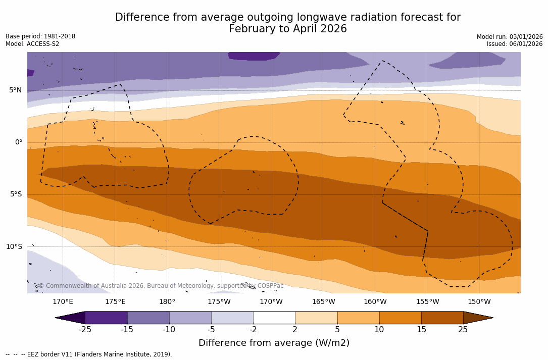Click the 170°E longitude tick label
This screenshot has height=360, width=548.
[x=63, y=302]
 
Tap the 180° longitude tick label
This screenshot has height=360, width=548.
[x=167, y=302]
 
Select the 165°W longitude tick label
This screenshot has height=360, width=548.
[x=323, y=302]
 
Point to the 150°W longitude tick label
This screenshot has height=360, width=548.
[x=479, y=302]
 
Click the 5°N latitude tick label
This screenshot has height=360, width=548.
[x=15, y=90]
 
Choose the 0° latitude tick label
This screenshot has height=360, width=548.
[x=19, y=142]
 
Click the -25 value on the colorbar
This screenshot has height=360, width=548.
[x=85, y=330]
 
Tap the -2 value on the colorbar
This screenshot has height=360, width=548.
[x=253, y=330]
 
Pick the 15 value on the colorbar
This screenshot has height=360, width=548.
[x=421, y=330]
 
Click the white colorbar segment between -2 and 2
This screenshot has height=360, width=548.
[x=274, y=318]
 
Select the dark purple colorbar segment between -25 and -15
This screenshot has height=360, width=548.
[x=106, y=318]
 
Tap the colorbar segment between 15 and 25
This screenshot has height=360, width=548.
[x=442, y=318]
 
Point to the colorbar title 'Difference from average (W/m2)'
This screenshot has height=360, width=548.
[x=274, y=343]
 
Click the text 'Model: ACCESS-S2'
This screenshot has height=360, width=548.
[x=32, y=44]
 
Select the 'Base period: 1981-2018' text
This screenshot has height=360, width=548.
[x=40, y=36]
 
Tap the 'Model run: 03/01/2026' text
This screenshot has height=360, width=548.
[x=510, y=37]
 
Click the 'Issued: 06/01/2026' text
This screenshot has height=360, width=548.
[x=515, y=44]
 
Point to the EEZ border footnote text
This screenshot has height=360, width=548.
[x=88, y=354]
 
